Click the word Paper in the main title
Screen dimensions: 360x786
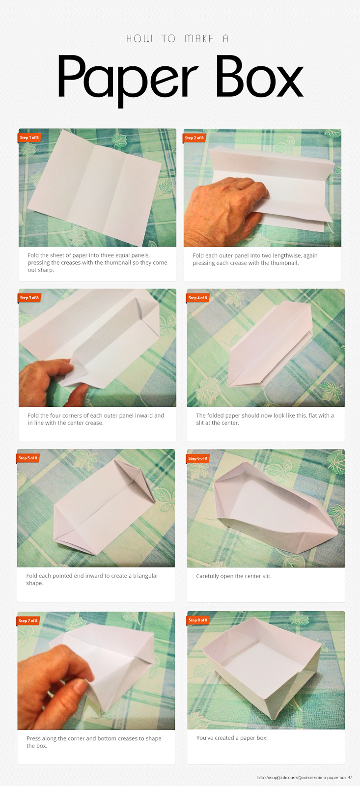pos(128,80)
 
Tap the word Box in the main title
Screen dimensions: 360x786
pos(260,76)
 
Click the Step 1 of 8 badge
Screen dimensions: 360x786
pos(29,138)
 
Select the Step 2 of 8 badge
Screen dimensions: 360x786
pos(194,138)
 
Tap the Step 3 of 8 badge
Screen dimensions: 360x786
pos(29,298)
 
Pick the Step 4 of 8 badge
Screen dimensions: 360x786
pos(197,298)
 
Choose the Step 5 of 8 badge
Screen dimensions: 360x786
pos(28,458)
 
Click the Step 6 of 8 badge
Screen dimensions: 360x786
pos(197,458)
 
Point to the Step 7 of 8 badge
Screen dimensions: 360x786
pos(28,621)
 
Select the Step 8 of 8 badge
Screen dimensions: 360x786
pos(198,620)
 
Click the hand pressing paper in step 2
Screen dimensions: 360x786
pos(224,211)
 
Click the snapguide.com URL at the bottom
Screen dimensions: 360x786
pos(304,778)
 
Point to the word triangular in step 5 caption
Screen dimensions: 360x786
pos(145,576)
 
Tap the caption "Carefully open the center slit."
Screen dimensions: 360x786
pos(234,576)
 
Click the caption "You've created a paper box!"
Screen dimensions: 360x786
pos(232,738)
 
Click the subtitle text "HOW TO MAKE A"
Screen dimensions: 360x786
pos(177,39)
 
